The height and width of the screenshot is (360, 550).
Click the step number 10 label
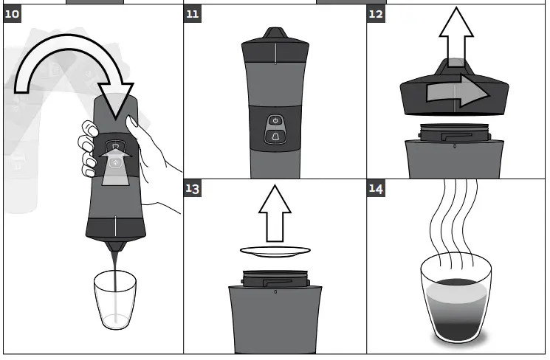pyautogui.click(x=13, y=14)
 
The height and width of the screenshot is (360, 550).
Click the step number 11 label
pyautogui.click(x=193, y=14)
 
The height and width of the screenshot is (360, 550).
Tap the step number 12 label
pyautogui.click(x=376, y=14)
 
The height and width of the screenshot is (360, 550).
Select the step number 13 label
pyautogui.click(x=193, y=188)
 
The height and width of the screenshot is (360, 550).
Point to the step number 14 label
pyautogui.click(x=376, y=188)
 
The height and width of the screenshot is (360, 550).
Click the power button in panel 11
pyautogui.click(x=275, y=121)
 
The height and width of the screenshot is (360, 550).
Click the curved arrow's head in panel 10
pyautogui.click(x=115, y=100)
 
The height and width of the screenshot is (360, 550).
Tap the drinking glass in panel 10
pyautogui.click(x=115, y=300)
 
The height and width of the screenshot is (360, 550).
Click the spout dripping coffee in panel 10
pyautogui.click(x=115, y=246)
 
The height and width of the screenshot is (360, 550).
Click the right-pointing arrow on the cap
pyautogui.click(x=458, y=91)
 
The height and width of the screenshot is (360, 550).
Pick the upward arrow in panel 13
pyautogui.click(x=275, y=213)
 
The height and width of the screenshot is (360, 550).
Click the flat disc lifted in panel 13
pyautogui.click(x=275, y=251)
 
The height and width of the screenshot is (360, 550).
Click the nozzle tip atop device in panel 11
pyautogui.click(x=275, y=33)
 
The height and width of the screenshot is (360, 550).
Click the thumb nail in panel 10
pyautogui.click(x=133, y=121)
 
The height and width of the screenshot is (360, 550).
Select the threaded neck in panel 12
pyautogui.click(x=454, y=133)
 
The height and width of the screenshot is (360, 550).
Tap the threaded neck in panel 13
pyautogui.click(x=275, y=279)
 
